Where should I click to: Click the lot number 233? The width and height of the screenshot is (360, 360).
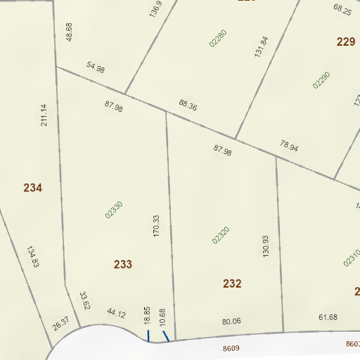point(123,264)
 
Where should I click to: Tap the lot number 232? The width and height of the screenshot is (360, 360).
point(232,284)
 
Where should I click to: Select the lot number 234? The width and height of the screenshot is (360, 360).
point(33,188)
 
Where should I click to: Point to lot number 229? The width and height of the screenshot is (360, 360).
point(346,42)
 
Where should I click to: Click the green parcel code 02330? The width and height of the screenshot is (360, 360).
point(114,210)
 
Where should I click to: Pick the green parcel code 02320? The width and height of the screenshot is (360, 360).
point(221,235)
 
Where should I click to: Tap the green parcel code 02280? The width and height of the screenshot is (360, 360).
point(218,37)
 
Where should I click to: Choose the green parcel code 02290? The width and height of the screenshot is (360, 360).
point(321,79)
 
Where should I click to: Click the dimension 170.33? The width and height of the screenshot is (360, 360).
point(157,226)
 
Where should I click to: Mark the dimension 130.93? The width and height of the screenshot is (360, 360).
point(265,245)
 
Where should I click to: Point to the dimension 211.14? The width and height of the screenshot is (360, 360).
point(44,116)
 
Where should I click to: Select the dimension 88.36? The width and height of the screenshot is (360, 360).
point(188,106)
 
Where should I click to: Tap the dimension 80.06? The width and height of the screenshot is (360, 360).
point(231,321)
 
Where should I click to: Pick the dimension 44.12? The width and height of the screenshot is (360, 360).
point(116,314)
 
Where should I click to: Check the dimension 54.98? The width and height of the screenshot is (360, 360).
point(96,68)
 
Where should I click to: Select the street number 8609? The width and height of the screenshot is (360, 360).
point(231,348)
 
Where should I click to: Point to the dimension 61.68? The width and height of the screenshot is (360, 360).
point(328,317)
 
